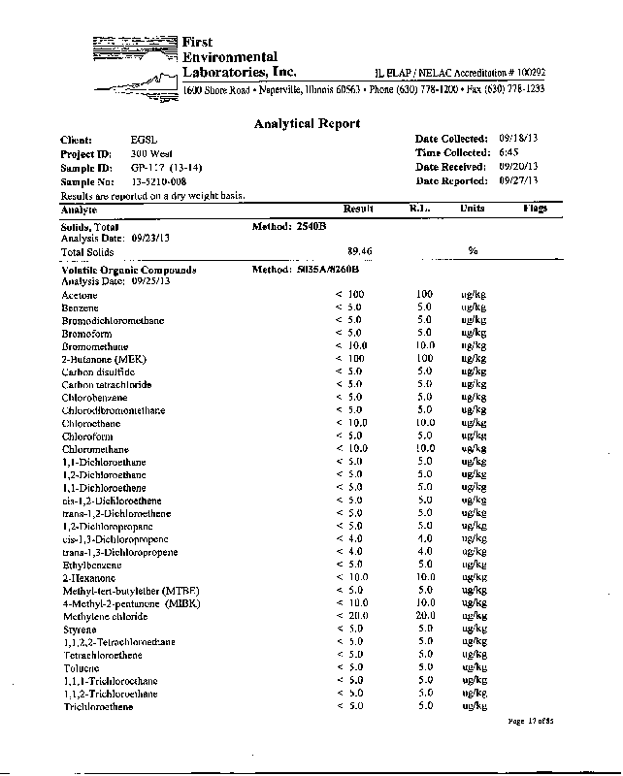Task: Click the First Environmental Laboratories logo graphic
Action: click(x=137, y=64)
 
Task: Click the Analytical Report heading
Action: click(x=307, y=123)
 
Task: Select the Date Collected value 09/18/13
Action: click(x=518, y=139)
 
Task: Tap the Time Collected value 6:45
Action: click(x=508, y=152)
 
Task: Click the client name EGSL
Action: click(x=141, y=140)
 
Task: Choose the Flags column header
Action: click(x=535, y=209)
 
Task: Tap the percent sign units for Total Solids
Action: click(x=473, y=250)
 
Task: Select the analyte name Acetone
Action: click(x=79, y=294)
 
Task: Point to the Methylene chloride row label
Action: click(x=105, y=616)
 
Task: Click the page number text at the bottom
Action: click(x=530, y=721)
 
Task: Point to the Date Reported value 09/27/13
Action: click(x=518, y=180)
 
